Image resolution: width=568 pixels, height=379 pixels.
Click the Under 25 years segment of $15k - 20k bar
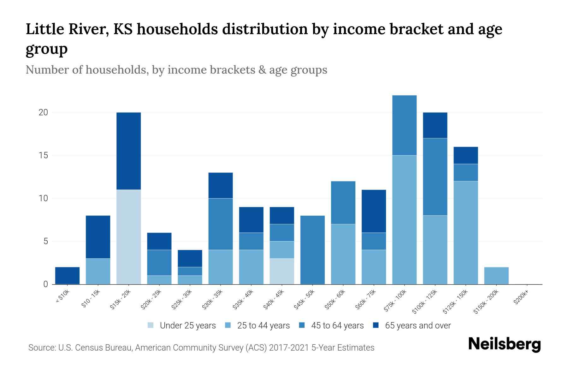point(129,237)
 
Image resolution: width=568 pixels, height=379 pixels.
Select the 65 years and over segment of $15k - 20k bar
point(129,151)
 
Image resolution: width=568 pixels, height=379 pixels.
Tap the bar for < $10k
point(67,276)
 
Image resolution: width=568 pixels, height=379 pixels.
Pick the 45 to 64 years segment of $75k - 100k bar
point(404,125)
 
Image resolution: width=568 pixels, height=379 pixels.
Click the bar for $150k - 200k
point(496,276)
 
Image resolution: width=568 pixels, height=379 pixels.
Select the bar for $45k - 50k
point(313,250)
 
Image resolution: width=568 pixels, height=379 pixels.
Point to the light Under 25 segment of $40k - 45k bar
point(282,271)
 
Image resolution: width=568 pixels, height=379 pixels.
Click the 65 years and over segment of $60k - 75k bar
point(374,211)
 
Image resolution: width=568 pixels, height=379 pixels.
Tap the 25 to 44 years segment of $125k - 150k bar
point(466,232)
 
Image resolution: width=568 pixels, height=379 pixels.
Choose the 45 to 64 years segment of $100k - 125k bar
point(435,177)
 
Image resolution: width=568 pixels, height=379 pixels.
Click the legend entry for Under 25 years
point(187,326)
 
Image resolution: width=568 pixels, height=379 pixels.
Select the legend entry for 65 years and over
point(417,326)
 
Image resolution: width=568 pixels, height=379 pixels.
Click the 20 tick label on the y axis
point(43,112)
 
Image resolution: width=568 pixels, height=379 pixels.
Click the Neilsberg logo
point(505,344)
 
